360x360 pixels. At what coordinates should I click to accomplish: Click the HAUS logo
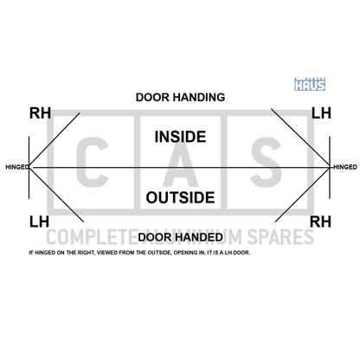click(x=310, y=84)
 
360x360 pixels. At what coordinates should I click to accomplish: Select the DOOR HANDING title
click(x=180, y=98)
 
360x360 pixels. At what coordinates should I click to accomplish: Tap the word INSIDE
click(x=180, y=137)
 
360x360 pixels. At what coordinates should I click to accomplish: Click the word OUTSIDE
click(x=180, y=197)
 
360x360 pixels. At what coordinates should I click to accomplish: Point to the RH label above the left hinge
click(x=40, y=113)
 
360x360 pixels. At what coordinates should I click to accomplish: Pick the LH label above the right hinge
click(x=321, y=113)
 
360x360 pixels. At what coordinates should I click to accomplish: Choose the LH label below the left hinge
click(x=39, y=222)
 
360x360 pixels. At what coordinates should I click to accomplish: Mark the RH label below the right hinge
click(x=320, y=222)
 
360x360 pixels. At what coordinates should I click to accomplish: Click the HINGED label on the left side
click(x=17, y=167)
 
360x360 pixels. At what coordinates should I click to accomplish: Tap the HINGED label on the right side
click(x=345, y=167)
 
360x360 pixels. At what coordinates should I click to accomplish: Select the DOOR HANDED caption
click(x=180, y=237)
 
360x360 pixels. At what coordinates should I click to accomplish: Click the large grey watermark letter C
click(x=93, y=162)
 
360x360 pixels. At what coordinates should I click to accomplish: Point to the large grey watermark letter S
click(x=266, y=162)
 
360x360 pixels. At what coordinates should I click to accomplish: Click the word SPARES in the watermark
click(x=280, y=237)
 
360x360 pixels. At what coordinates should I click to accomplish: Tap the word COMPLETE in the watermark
click(x=89, y=237)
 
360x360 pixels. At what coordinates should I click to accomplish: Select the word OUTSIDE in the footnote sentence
click(x=158, y=253)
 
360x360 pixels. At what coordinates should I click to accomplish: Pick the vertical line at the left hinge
click(x=29, y=167)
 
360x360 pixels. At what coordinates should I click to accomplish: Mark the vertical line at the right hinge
click(x=330, y=167)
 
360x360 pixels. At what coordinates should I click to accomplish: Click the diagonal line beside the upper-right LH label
click(x=300, y=138)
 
